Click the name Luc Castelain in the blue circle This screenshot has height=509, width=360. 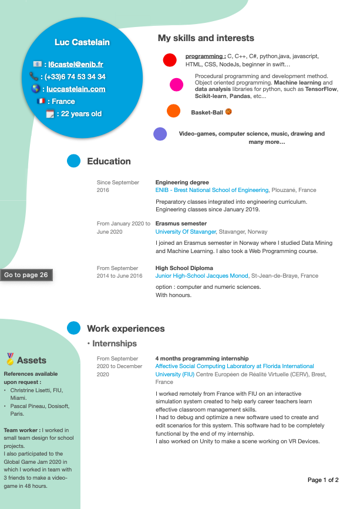(82, 42)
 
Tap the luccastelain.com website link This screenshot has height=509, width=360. (76, 89)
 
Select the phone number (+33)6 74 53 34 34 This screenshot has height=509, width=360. (75, 77)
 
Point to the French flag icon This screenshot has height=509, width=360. (41, 102)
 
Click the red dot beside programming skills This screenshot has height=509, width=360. (170, 60)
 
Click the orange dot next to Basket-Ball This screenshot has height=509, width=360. (173, 110)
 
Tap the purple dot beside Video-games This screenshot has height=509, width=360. (160, 134)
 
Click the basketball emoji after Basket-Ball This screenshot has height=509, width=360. (228, 111)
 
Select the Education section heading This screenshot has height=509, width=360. (109, 161)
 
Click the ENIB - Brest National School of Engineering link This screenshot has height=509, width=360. (212, 190)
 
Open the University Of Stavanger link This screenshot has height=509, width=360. (186, 232)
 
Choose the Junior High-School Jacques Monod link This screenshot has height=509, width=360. (201, 276)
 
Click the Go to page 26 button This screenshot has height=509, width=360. (26, 275)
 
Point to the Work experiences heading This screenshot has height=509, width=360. (126, 329)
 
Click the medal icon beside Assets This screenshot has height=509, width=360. (10, 359)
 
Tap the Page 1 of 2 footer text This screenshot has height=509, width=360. (323, 480)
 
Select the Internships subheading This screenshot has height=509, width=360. (115, 343)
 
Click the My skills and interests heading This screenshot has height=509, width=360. (206, 38)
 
